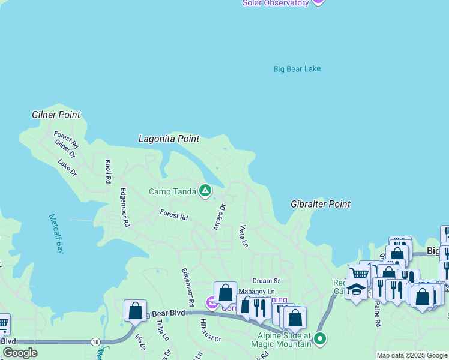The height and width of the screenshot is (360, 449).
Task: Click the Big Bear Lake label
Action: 297,69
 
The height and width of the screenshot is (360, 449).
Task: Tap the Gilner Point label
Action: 56,115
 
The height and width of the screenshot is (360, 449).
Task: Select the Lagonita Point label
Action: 169,139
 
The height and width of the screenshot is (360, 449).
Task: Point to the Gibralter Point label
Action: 320,204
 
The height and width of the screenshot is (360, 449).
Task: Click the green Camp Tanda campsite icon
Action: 205,191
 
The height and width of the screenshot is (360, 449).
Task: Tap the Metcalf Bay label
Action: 55,234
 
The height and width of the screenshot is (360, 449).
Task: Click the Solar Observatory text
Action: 276,3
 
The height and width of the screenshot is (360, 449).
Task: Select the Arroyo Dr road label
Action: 219,217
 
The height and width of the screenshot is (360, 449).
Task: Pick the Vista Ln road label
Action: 243,236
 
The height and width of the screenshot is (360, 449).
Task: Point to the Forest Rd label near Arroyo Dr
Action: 174,214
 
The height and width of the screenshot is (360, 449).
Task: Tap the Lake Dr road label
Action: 67,167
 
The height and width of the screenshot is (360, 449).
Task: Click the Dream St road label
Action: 266,280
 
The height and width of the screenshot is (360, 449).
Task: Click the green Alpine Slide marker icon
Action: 320,339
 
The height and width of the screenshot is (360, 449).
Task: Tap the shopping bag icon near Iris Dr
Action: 135,311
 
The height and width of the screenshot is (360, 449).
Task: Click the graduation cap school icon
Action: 356,289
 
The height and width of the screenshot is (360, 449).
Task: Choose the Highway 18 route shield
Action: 95,341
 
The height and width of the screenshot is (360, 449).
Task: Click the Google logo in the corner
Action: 20,353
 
